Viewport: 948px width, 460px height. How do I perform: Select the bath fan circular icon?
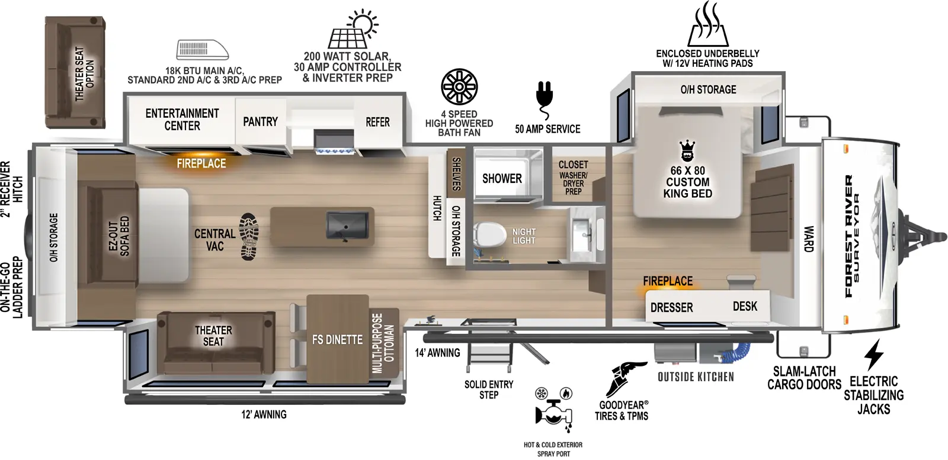459,86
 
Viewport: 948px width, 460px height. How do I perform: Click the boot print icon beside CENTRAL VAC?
249,237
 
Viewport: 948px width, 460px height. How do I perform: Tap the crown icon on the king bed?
687,151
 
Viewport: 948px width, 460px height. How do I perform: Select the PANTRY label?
260,122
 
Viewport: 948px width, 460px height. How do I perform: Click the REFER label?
377,123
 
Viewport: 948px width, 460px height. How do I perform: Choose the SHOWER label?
502,179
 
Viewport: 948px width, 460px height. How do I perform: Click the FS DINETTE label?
337,340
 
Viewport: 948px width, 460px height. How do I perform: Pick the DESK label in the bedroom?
745,306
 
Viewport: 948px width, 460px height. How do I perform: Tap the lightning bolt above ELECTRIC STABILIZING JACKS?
874,355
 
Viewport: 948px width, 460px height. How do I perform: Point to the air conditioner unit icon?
203,50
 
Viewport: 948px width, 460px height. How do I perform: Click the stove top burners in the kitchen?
335,151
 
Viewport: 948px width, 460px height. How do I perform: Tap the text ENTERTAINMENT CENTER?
182,120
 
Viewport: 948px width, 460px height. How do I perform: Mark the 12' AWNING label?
264,414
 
